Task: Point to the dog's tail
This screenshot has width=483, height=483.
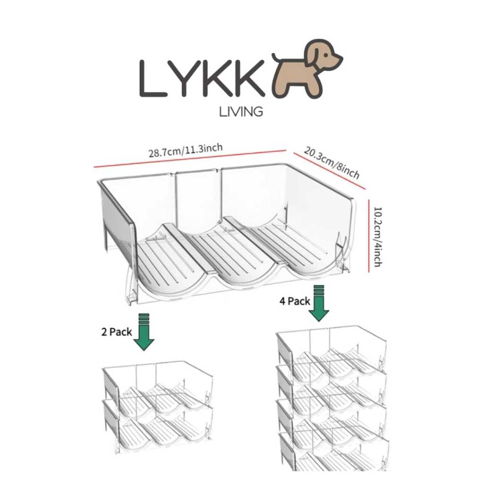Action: click(277, 58)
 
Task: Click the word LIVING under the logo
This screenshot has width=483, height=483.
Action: click(241, 112)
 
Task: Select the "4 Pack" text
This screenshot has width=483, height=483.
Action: click(295, 301)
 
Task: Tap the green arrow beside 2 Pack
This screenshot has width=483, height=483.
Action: click(143, 333)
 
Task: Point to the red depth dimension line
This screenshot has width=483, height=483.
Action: click(329, 171)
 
